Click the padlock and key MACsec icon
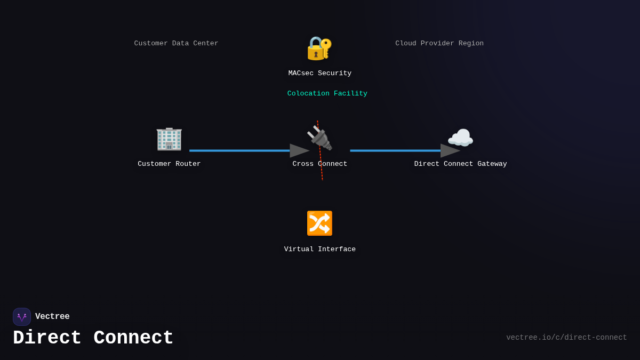[x=319, y=48]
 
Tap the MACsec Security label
[x=320, y=74]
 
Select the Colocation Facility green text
[x=327, y=94]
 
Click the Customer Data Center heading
[x=176, y=44]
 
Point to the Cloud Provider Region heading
[x=439, y=44]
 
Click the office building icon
[x=169, y=139]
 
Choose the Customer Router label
[x=169, y=164]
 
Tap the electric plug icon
[x=319, y=138]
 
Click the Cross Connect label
[x=319, y=164]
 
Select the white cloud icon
[x=460, y=139]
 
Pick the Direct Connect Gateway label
[x=460, y=164]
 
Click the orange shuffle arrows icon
[x=319, y=223]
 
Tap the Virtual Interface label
[x=319, y=250]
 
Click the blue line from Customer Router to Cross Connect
[x=240, y=150]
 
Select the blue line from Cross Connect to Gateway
[x=395, y=150]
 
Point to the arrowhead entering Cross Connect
[x=299, y=150]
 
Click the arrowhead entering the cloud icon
[x=450, y=150]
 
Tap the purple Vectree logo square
[x=22, y=317]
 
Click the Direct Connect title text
[x=93, y=338]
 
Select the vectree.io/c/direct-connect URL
[x=566, y=338]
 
